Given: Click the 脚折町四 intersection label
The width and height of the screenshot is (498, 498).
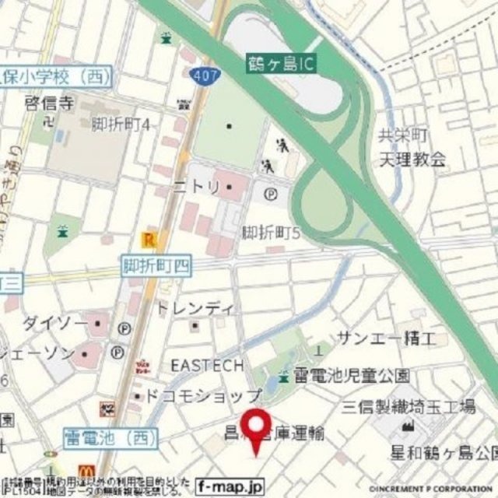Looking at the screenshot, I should click(x=156, y=266).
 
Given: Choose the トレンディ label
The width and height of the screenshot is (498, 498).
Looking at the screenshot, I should click(x=195, y=308).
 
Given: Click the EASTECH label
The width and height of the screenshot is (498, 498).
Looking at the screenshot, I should click(x=207, y=365).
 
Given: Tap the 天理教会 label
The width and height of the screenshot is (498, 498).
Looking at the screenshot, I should click(x=413, y=160).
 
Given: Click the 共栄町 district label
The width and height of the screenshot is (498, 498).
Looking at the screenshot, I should click(x=403, y=136).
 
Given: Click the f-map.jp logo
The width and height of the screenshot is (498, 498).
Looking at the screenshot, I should click(x=230, y=483).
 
